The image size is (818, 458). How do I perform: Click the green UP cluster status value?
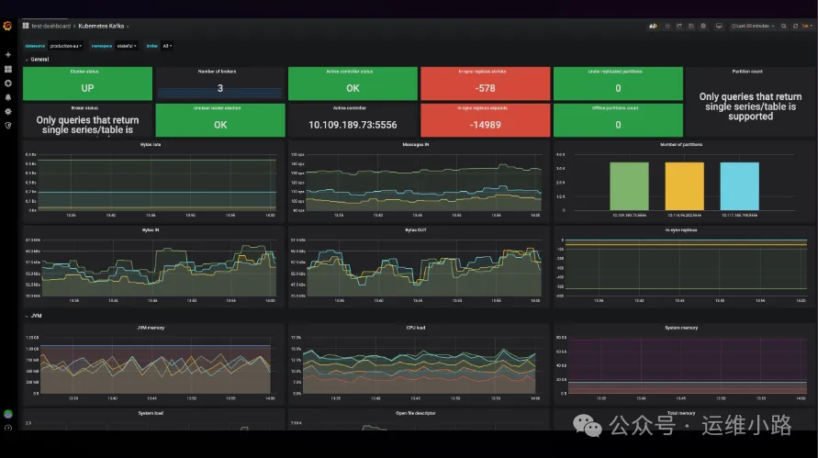pyautogui.click(x=88, y=88)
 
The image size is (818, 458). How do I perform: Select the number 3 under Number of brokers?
pyautogui.click(x=220, y=88)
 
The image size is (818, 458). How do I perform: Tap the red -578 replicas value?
pyautogui.click(x=485, y=88)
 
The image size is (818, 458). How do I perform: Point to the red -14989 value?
pyautogui.click(x=485, y=125)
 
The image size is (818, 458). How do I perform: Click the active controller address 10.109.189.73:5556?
pyautogui.click(x=353, y=125)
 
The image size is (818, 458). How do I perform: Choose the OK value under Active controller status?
pyautogui.click(x=353, y=88)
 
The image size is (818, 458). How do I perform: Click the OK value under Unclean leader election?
pyautogui.click(x=220, y=125)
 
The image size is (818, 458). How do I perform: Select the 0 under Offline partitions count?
pyautogui.click(x=618, y=125)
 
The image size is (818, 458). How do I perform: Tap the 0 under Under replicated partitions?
pyautogui.click(x=618, y=88)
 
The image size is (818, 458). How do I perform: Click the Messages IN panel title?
pyautogui.click(x=419, y=144)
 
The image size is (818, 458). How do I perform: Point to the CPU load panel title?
pyautogui.click(x=419, y=327)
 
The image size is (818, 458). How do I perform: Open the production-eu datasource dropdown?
pyautogui.click(x=66, y=45)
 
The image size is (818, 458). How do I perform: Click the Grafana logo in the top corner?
pyautogui.click(x=8, y=26)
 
